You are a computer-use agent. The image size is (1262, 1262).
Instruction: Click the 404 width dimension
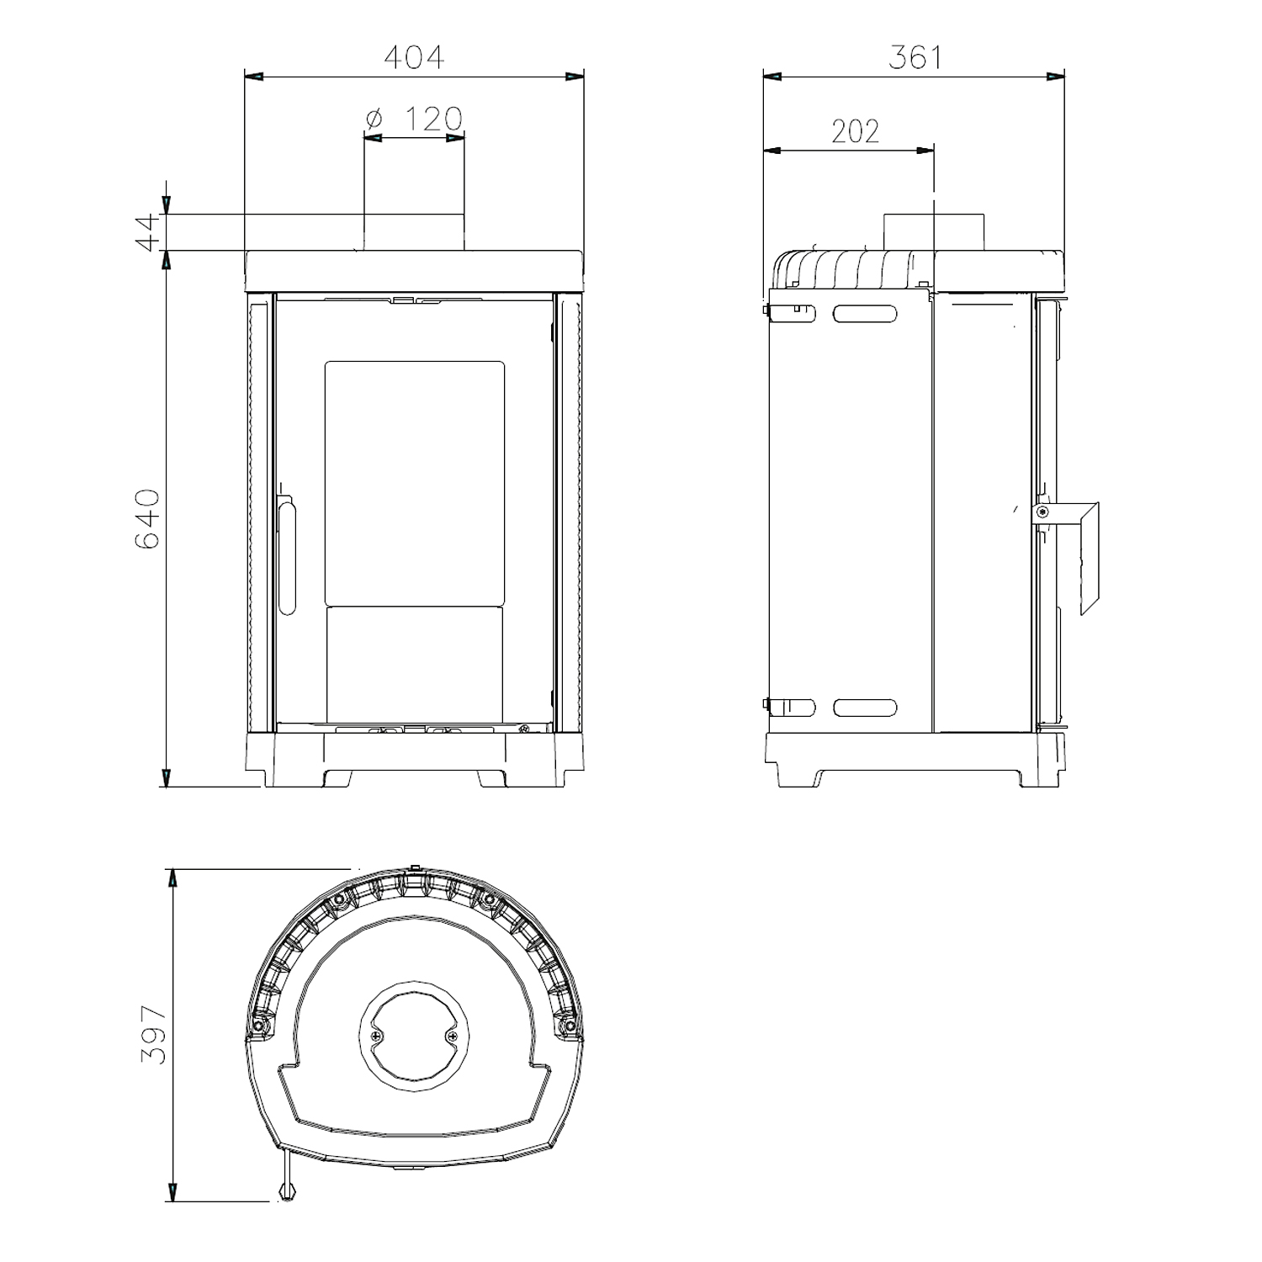point(414,56)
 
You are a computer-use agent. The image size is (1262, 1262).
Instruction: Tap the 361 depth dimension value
point(916,56)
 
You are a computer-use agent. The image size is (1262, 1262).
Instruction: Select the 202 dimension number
point(856,131)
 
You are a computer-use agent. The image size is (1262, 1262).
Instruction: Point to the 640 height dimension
point(147,518)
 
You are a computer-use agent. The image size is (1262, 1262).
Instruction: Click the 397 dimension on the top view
point(154,1035)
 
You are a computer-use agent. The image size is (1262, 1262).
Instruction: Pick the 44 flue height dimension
point(148,232)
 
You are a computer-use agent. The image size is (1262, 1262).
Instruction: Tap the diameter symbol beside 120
point(374,119)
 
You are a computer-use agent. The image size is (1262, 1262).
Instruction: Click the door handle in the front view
point(287,555)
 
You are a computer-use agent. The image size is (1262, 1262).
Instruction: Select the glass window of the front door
point(415,483)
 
